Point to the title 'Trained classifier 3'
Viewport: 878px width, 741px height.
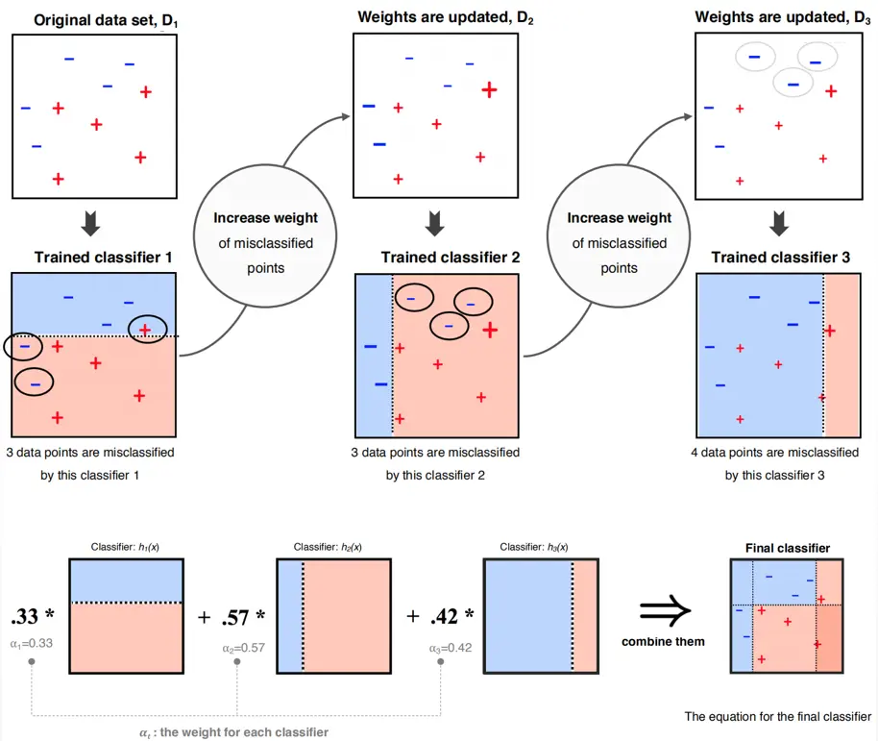coord(780,257)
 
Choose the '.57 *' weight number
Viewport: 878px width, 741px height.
coord(244,616)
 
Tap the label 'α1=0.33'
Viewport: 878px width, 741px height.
coord(32,642)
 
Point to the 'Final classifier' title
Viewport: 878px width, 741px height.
coord(788,548)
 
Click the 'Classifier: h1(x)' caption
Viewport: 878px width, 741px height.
coord(125,547)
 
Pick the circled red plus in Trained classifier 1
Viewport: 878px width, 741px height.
coord(145,329)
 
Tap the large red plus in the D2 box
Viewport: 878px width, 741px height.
coord(489,89)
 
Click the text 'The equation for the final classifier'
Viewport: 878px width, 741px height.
coord(778,716)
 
